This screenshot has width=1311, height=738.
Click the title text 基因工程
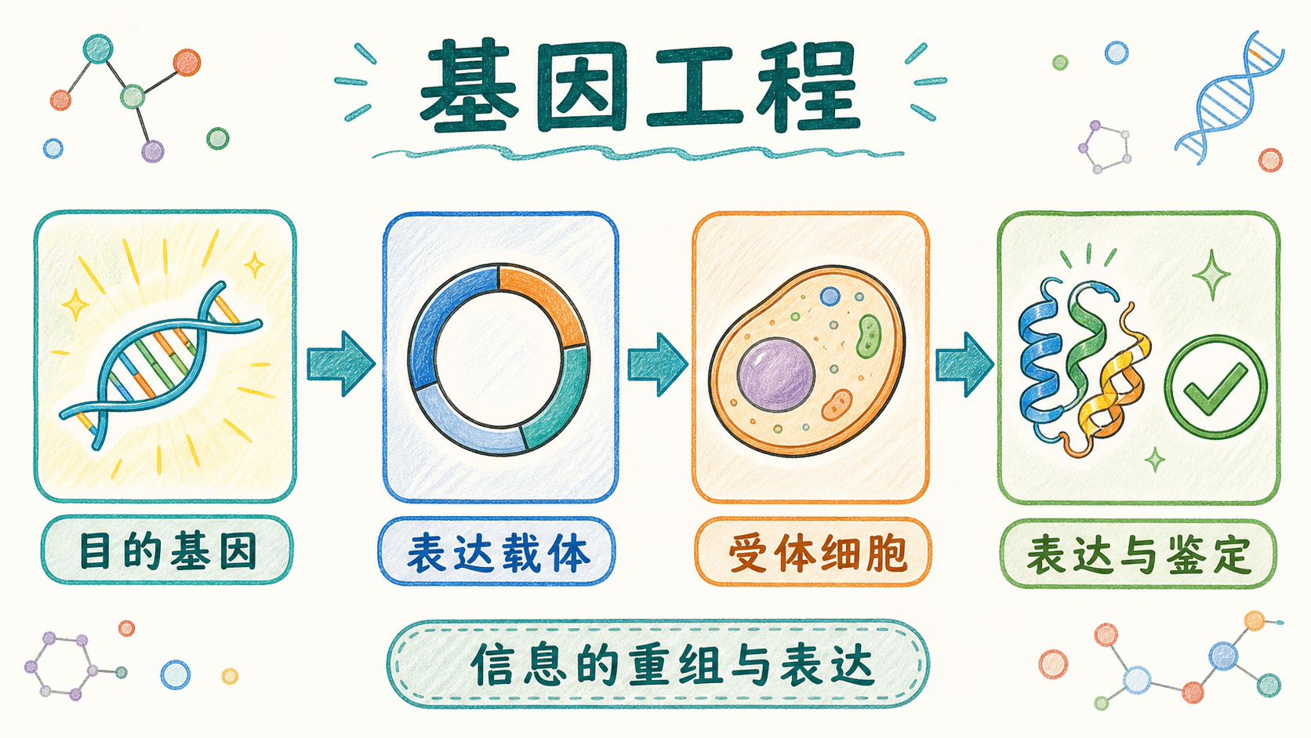[639, 86]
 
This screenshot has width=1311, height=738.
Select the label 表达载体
[497, 553]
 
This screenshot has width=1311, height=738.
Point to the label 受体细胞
[818, 554]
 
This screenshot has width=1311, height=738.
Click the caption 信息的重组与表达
[672, 665]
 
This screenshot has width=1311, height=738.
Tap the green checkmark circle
[1215, 387]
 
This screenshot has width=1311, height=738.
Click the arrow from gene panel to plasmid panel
[340, 363]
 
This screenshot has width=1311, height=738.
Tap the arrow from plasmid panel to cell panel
[657, 364]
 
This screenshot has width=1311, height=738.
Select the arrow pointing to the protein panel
[964, 365]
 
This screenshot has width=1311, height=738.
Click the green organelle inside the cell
[869, 336]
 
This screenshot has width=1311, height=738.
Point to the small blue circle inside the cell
[830, 296]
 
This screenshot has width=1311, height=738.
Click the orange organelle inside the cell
[837, 405]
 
